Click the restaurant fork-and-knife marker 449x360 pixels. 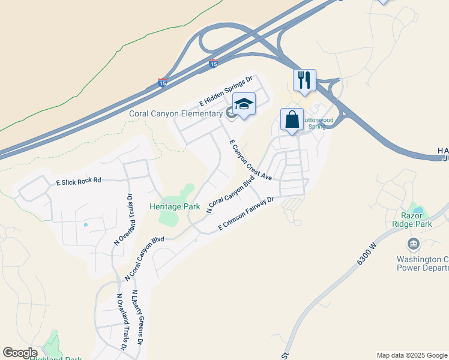304,80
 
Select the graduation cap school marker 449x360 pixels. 244,106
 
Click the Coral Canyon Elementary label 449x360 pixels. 175,113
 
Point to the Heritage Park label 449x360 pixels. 175,206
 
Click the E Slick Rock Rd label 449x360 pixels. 79,181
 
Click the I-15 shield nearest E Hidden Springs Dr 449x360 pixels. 162,83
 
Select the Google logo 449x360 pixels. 20,353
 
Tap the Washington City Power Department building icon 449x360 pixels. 413,244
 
